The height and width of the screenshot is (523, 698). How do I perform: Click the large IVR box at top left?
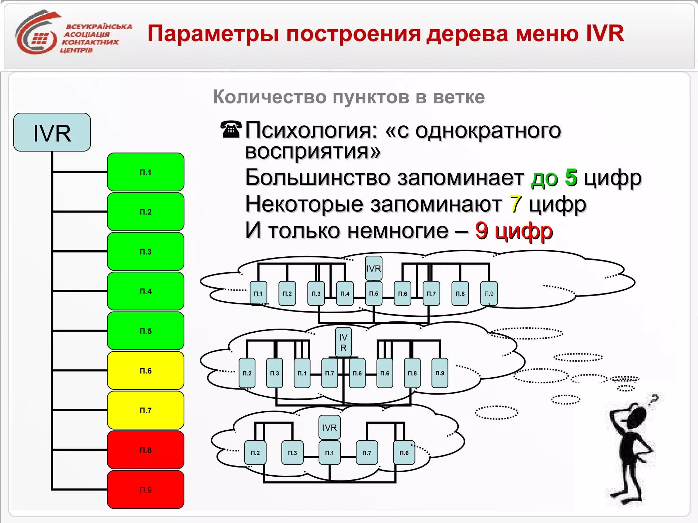52,132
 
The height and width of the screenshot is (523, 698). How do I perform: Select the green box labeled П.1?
146,172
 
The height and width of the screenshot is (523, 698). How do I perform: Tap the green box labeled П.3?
146,251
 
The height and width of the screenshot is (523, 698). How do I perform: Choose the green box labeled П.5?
146,331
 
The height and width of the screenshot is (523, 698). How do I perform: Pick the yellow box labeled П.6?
146,370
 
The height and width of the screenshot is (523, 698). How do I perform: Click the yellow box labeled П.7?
146,410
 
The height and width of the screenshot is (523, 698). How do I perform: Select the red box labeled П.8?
146,450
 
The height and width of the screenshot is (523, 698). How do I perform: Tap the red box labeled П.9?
146,490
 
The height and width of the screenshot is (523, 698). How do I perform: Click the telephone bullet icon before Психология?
231,129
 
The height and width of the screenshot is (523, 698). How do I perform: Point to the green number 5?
571,177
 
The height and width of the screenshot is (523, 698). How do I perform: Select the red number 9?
481,231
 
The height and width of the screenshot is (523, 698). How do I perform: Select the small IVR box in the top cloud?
374,268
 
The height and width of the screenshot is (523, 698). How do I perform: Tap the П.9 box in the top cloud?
489,293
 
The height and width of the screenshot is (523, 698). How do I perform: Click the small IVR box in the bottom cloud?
329,427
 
